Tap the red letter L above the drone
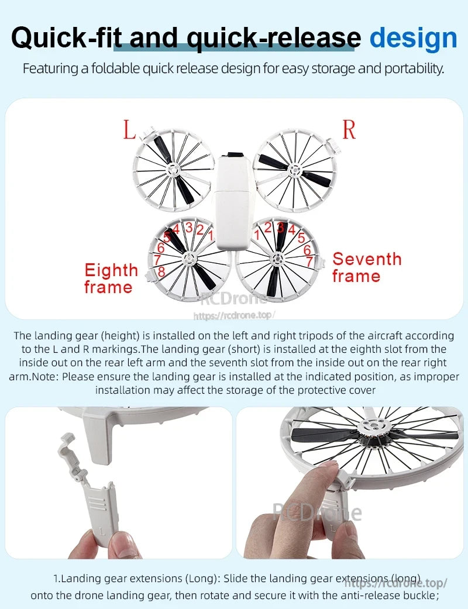(129, 130)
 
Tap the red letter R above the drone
(349, 130)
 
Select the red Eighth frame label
(111, 278)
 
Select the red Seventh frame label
(367, 267)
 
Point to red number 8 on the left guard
(161, 270)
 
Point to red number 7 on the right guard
(309, 261)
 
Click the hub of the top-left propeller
(173, 170)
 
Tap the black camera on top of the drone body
(235, 156)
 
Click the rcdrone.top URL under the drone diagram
(234, 315)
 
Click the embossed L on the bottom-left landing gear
(103, 530)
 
